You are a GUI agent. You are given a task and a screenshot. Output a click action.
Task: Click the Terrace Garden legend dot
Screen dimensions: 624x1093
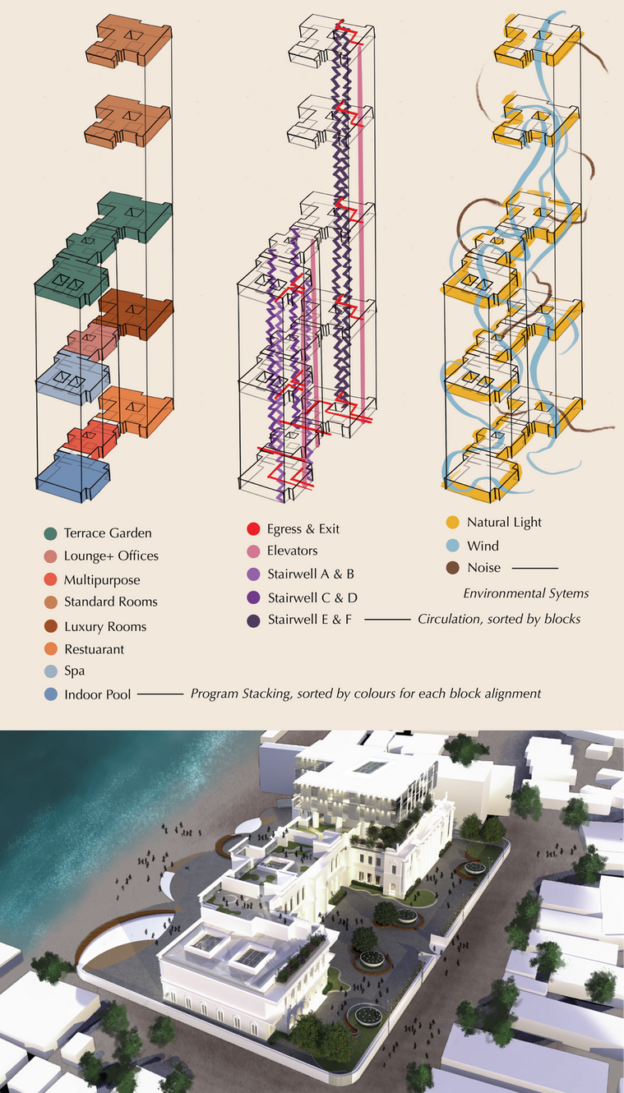50,533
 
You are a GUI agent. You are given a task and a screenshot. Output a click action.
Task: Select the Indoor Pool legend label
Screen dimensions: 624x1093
98,694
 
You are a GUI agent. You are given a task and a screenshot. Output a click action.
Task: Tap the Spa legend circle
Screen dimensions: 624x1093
51,671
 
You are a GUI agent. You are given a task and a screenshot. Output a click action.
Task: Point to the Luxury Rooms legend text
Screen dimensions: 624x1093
105,626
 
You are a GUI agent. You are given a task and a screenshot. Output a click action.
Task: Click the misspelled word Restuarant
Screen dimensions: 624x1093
95,649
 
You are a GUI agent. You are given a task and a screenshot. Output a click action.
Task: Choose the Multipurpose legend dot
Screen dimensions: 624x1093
50,579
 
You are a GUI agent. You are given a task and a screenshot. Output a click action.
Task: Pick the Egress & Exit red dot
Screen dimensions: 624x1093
253,529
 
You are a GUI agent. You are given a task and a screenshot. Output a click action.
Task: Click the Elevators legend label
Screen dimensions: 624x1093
292,551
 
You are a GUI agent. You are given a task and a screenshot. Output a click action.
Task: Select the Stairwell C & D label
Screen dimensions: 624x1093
312,597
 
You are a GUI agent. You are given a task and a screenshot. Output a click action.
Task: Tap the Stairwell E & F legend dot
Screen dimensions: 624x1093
253,620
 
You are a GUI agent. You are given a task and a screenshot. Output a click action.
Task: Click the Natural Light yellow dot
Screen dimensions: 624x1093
453,523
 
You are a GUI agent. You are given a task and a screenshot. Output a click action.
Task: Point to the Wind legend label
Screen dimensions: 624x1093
483,546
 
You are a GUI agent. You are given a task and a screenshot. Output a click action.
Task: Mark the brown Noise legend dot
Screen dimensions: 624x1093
453,568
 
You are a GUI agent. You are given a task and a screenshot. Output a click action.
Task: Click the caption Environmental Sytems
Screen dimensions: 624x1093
526,594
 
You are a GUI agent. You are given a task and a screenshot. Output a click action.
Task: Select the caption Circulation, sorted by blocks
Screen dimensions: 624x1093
499,620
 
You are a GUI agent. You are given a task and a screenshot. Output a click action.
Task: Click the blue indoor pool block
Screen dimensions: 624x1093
73,476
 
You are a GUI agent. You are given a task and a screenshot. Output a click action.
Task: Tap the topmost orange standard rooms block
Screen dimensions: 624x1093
129,40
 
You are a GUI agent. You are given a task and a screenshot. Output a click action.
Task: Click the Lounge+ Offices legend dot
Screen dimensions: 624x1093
50,556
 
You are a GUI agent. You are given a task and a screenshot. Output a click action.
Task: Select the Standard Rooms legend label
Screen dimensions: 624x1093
111,602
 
